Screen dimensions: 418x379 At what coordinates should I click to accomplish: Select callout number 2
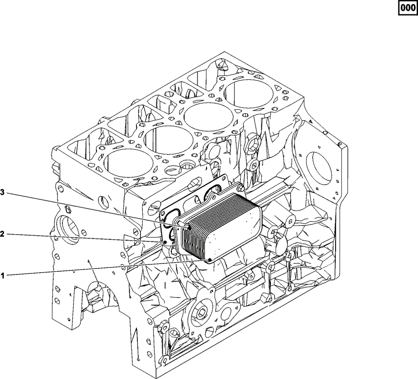point(2,234)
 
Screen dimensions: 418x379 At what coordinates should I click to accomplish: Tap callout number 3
point(2,192)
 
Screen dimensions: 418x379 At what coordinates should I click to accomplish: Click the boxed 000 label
point(408,8)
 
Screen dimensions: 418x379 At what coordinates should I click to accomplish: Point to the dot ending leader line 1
point(210,260)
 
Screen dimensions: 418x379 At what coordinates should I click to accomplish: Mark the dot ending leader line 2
point(165,242)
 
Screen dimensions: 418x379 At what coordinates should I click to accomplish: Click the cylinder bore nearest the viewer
point(128,163)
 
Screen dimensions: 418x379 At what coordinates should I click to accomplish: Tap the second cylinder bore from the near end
point(169,140)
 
